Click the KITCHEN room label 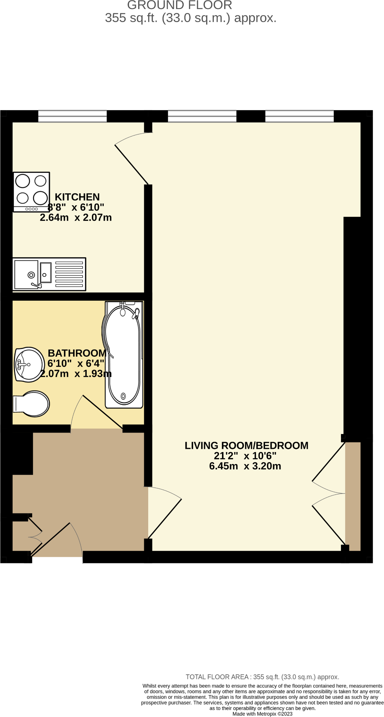(x=77, y=197)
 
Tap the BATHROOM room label (x=77, y=353)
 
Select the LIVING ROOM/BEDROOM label (x=246, y=446)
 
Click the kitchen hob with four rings (x=31, y=192)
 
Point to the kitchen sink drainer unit (x=49, y=274)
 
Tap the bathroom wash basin (x=29, y=364)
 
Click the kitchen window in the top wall (x=72, y=116)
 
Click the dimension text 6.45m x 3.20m (x=245, y=466)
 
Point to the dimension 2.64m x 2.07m (x=76, y=218)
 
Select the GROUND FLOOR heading (x=180, y=5)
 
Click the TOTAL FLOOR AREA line (x=262, y=677)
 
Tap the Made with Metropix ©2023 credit (x=262, y=714)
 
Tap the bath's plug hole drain (x=123, y=396)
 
